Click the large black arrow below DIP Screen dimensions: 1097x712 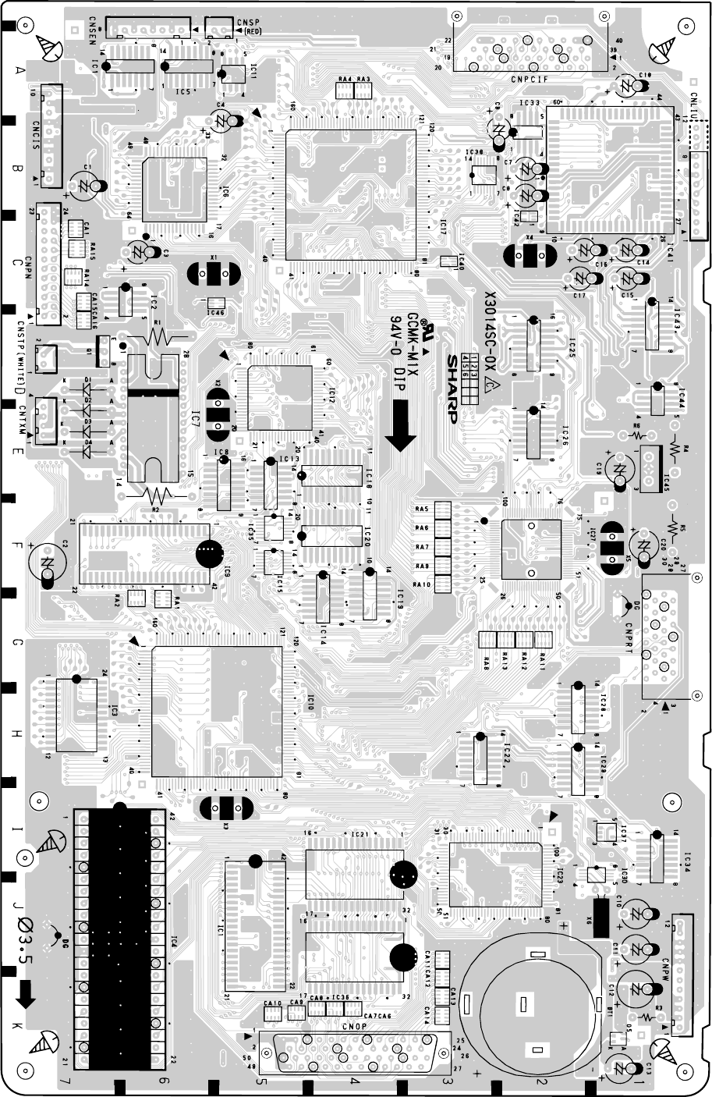pyautogui.click(x=402, y=425)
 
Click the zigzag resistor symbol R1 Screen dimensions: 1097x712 pyautogui.click(x=161, y=336)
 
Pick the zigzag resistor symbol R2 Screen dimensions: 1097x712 pyautogui.click(x=158, y=494)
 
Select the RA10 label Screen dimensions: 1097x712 pyautogui.click(x=423, y=585)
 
